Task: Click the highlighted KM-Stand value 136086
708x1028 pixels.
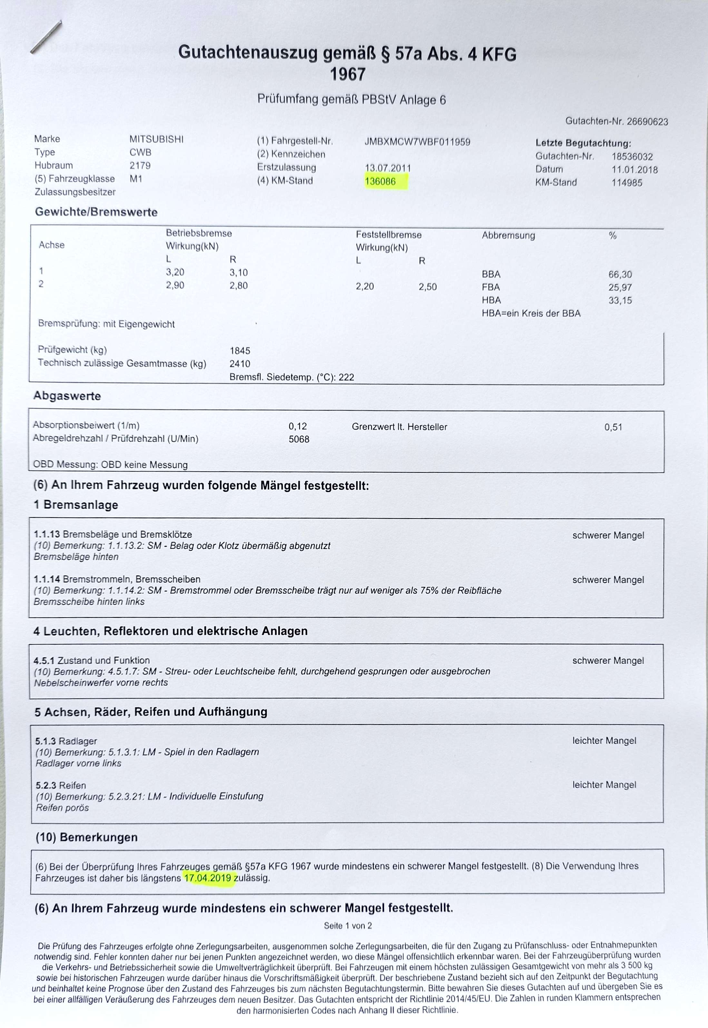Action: click(x=380, y=182)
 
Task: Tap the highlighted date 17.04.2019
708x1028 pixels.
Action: click(x=208, y=878)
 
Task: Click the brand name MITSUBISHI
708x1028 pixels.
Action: click(x=156, y=139)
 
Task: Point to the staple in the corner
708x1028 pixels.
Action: click(x=46, y=37)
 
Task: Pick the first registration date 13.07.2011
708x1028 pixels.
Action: click(x=388, y=168)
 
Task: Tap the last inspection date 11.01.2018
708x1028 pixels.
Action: click(x=634, y=170)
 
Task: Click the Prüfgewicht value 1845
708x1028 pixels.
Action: click(x=240, y=351)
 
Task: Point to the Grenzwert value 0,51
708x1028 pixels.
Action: click(x=613, y=427)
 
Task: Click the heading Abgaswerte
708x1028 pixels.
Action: click(x=67, y=396)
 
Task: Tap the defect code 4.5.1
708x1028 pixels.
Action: click(x=44, y=660)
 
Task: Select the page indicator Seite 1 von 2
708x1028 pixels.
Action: click(x=348, y=925)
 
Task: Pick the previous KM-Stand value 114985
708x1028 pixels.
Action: click(x=626, y=183)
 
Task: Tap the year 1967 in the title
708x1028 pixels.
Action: click(x=348, y=74)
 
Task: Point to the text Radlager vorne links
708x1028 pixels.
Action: click(x=79, y=763)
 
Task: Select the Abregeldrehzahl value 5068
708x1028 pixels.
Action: click(x=299, y=439)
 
